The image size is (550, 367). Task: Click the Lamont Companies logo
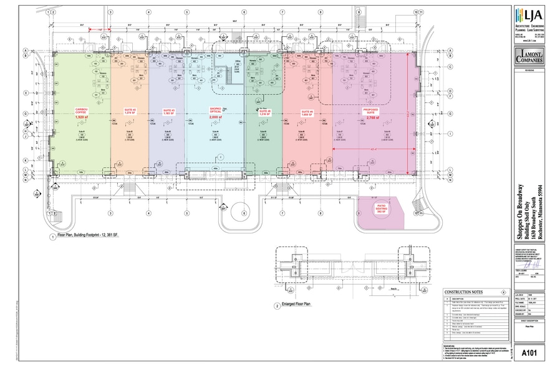529,58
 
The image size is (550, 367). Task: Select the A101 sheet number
529,353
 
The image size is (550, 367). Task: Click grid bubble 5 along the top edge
186,12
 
